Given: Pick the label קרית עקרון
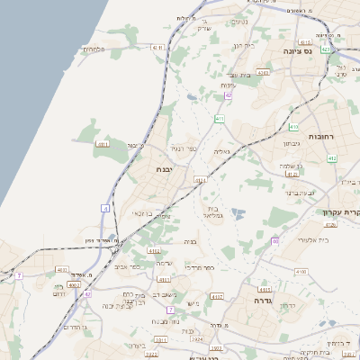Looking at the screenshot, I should point(341,212).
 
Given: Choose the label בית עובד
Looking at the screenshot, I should point(238,75).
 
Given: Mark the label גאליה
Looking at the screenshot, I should point(222,152).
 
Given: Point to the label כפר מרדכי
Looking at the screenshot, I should point(200,267).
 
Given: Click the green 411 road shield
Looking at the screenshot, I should point(220,118).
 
